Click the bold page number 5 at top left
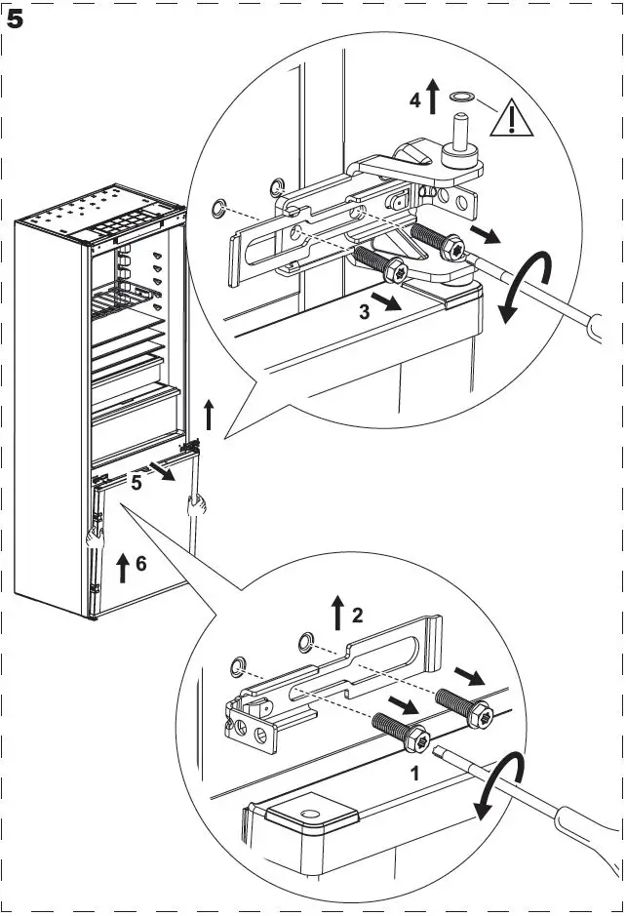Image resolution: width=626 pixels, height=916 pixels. click(16, 20)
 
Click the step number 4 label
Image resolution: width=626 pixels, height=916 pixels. click(413, 100)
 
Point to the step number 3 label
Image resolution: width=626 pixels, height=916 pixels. click(364, 311)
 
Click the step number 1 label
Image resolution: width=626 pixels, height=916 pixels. click(413, 773)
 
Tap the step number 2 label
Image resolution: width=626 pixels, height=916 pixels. click(358, 615)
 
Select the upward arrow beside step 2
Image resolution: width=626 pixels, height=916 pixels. click(337, 612)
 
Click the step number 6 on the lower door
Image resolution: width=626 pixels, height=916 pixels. click(140, 564)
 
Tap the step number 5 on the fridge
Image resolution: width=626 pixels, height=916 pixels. click(137, 482)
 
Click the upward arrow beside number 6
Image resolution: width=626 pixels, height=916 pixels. click(122, 566)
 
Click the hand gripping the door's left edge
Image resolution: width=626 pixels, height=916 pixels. click(94, 534)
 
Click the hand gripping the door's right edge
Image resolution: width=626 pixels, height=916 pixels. click(198, 505)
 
